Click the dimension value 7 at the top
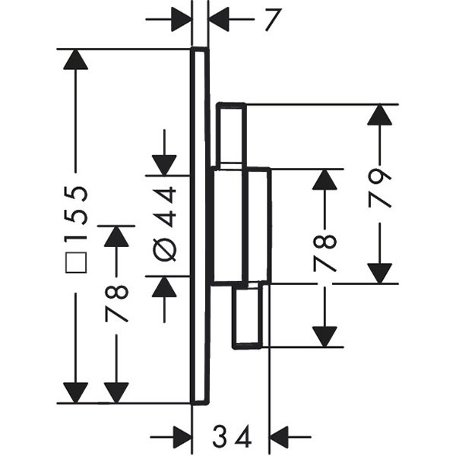click(x=270, y=20)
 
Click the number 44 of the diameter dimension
click(x=166, y=207)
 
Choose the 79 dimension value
click(x=379, y=188)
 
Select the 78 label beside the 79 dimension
click(x=325, y=252)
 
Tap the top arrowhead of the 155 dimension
click(x=76, y=59)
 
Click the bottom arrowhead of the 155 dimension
click(x=76, y=393)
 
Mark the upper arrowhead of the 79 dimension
click(x=379, y=114)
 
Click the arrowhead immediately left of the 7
click(x=182, y=20)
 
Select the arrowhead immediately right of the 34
click(x=280, y=438)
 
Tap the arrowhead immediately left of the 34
click(x=182, y=438)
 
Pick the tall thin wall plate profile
click(x=199, y=226)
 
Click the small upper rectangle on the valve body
click(x=231, y=135)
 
